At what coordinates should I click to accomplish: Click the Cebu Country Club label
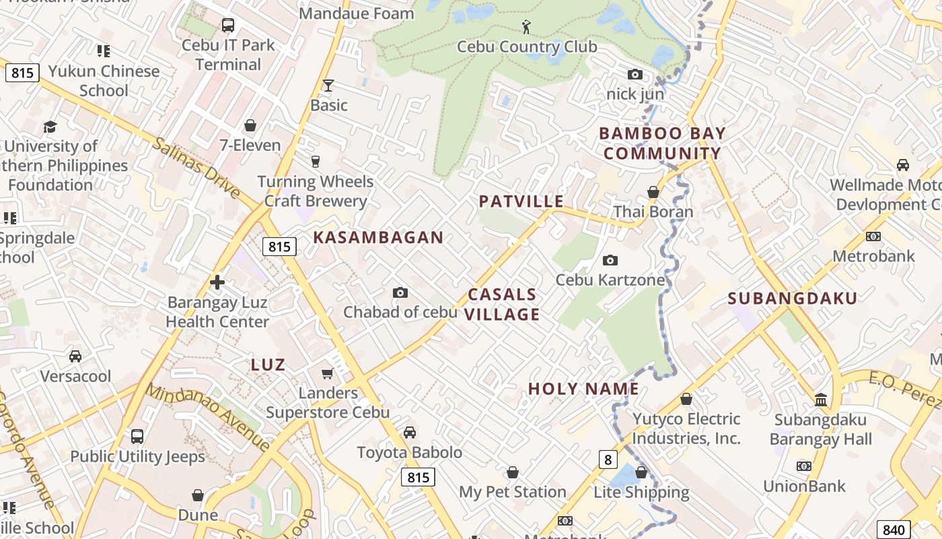pyautogui.click(x=527, y=46)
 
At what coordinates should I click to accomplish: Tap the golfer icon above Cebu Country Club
pyautogui.click(x=527, y=27)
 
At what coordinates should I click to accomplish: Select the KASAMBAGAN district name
pyautogui.click(x=378, y=237)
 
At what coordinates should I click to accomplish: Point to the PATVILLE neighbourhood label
pyautogui.click(x=521, y=201)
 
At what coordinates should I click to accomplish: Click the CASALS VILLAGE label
pyautogui.click(x=503, y=305)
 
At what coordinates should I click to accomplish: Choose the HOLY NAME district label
pyautogui.click(x=583, y=389)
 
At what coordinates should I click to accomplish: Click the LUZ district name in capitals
pyautogui.click(x=268, y=365)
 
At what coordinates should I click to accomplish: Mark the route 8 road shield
pyautogui.click(x=608, y=459)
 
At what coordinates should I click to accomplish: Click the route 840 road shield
pyautogui.click(x=894, y=530)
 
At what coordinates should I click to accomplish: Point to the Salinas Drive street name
pyautogui.click(x=196, y=168)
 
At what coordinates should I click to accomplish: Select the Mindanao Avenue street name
pyautogui.click(x=208, y=417)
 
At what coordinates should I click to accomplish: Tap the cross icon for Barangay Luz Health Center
pyautogui.click(x=217, y=282)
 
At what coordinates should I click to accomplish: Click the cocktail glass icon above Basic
pyautogui.click(x=328, y=86)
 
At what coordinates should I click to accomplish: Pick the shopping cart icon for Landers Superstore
pyautogui.click(x=328, y=373)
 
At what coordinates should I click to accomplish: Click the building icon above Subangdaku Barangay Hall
pyautogui.click(x=820, y=400)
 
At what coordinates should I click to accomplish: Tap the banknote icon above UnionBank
pyautogui.click(x=803, y=466)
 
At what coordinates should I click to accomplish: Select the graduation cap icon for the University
pyautogui.click(x=50, y=127)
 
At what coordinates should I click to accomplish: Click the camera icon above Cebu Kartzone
pyautogui.click(x=610, y=260)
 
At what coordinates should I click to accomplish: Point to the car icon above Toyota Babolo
pyautogui.click(x=409, y=433)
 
